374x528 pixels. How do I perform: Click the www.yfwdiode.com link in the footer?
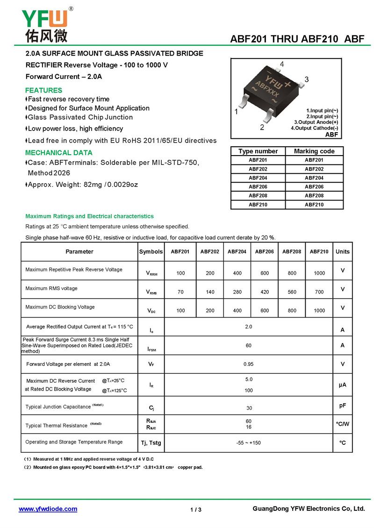[48, 509]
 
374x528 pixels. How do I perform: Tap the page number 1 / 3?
[196, 509]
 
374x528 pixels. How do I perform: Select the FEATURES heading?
[43, 90]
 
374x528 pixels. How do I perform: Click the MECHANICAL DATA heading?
[58, 152]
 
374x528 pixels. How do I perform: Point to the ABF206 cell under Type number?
[258, 186]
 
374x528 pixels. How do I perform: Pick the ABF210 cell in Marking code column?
[314, 204]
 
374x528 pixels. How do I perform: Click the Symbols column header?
[151, 251]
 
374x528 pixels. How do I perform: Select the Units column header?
[342, 251]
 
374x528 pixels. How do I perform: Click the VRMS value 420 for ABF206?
[265, 292]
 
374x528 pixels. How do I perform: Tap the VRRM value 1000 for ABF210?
[319, 273]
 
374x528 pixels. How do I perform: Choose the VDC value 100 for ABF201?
[180, 310]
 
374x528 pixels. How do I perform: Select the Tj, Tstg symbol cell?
[151, 442]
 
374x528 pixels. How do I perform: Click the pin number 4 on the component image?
[282, 64]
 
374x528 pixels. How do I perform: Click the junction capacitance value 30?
[249, 408]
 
